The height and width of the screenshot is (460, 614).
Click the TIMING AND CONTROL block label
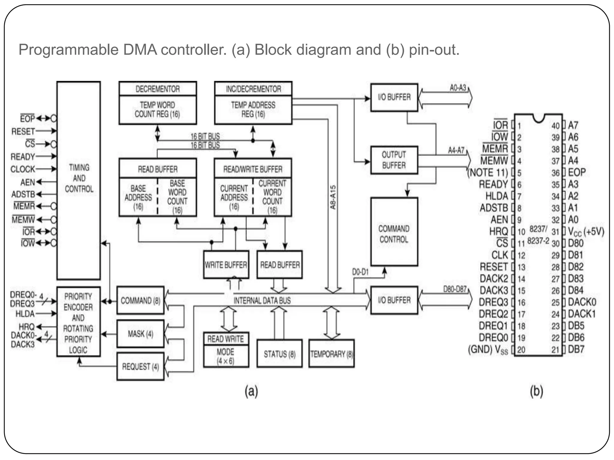79,178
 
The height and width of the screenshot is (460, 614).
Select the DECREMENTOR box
158,89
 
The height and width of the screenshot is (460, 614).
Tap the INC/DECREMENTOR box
253,89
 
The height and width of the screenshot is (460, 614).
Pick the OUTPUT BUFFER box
394,160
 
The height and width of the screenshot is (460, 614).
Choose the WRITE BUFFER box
226,265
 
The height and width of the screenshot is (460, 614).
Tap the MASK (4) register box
140,334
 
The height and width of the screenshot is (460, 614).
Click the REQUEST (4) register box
140,367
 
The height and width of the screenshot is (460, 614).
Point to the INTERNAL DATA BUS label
262,301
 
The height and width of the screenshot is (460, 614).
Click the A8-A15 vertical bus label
333,197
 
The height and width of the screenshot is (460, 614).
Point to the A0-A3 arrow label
458,88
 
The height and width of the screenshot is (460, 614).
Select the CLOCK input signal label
23,169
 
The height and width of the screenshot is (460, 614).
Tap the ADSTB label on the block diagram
23,194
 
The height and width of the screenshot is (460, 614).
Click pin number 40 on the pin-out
555,126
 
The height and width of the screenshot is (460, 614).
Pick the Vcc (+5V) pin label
586,231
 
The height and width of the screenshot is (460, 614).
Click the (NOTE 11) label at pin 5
488,173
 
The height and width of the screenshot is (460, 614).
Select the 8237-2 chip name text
538,241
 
